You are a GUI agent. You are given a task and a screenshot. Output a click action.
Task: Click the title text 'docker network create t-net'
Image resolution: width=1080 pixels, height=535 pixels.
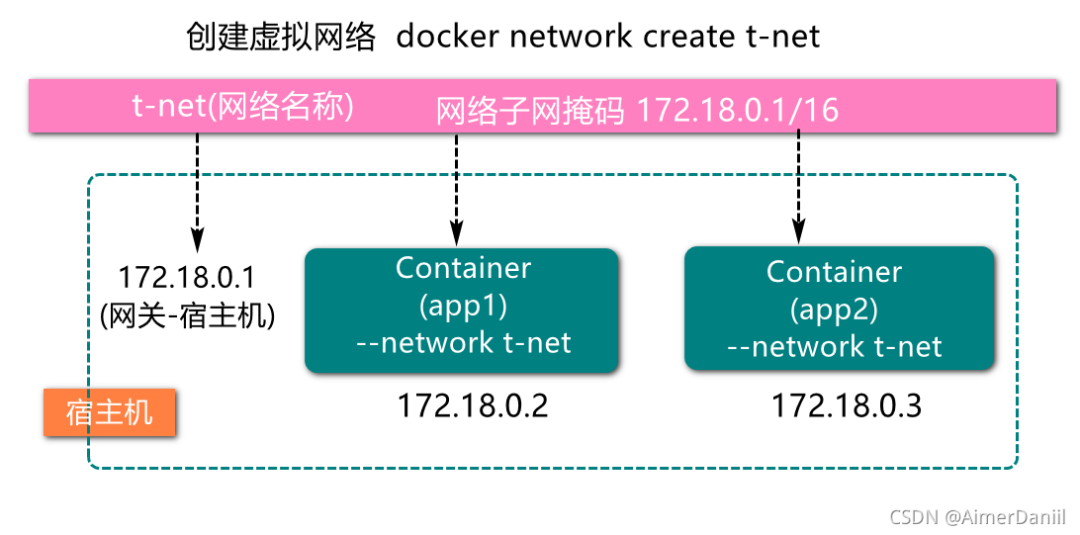coord(608,37)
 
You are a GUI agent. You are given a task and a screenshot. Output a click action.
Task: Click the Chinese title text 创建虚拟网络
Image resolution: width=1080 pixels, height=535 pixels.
coord(281,37)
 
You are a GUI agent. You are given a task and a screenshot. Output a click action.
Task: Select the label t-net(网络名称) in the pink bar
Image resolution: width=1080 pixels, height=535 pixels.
coord(243,106)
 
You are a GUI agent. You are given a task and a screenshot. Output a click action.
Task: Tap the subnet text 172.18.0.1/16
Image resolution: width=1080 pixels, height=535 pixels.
coord(738,110)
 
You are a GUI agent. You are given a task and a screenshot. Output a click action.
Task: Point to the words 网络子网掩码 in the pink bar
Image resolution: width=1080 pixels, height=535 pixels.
coord(531,110)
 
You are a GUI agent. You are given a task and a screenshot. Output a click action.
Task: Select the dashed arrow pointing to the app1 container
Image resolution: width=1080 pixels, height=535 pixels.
coord(457,188)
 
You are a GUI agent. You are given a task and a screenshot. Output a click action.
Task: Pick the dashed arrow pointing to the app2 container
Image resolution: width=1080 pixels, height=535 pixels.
coord(798,188)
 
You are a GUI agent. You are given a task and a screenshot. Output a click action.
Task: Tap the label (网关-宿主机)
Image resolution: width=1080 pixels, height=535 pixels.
coord(187,315)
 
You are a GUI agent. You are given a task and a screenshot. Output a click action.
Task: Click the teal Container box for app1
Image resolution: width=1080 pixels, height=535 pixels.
coord(462,310)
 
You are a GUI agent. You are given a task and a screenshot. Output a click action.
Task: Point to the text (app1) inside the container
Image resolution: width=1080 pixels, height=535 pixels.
coord(463,306)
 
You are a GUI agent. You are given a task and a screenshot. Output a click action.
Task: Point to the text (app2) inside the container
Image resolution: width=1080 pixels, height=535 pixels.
coord(835,310)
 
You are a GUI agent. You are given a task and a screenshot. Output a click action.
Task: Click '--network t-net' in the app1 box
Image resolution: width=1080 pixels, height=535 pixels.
coord(463,343)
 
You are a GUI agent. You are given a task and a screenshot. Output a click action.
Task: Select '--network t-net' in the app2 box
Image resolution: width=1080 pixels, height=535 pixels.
coord(835,347)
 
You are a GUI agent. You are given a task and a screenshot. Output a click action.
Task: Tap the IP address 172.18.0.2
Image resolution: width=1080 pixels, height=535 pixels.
coord(472,405)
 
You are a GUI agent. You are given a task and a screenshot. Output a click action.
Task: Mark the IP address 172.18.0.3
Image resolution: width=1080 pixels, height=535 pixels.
coord(847,405)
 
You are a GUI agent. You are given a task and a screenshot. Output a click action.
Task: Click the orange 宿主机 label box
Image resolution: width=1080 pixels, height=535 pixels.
coord(110,412)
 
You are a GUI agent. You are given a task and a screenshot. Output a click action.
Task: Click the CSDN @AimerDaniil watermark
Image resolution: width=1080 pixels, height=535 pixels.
coord(978,517)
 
